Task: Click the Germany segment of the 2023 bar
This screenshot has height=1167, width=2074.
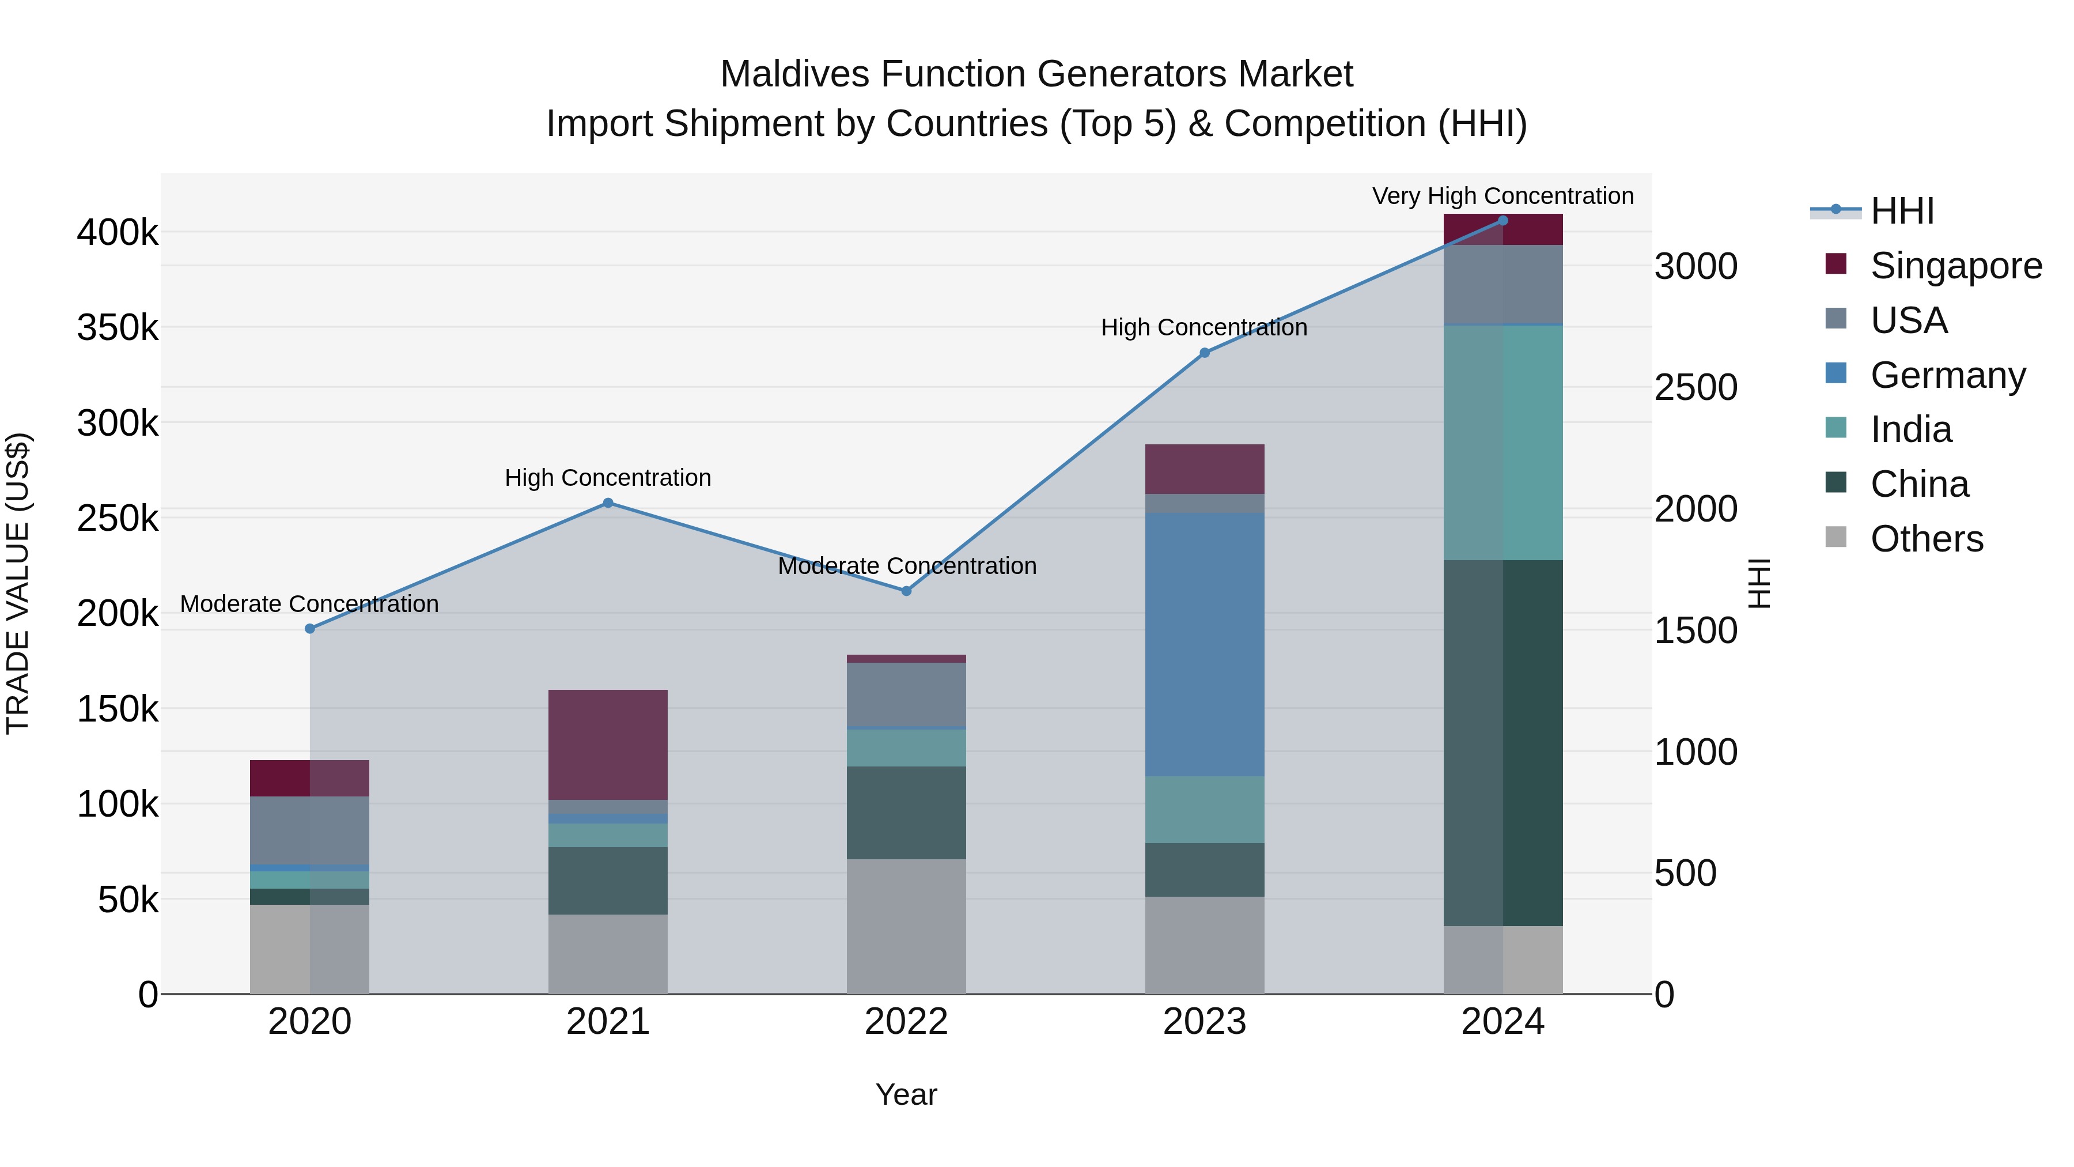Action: point(1205,644)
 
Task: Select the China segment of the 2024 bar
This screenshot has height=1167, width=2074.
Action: point(1502,743)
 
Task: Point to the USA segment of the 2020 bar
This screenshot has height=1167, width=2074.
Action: point(309,830)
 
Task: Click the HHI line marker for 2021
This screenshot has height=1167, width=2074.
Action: point(608,503)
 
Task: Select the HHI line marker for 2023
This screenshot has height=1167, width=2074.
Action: point(1205,353)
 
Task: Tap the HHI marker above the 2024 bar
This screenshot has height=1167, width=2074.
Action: point(1502,221)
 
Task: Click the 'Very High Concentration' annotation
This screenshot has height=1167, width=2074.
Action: point(1502,197)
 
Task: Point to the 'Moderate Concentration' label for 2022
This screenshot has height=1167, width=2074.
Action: point(907,566)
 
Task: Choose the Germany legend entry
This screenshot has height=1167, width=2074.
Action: point(1947,375)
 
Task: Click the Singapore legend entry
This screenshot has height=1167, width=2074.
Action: point(1955,266)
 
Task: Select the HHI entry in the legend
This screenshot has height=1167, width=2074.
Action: point(1901,211)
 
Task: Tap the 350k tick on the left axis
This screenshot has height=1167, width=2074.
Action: point(118,328)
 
